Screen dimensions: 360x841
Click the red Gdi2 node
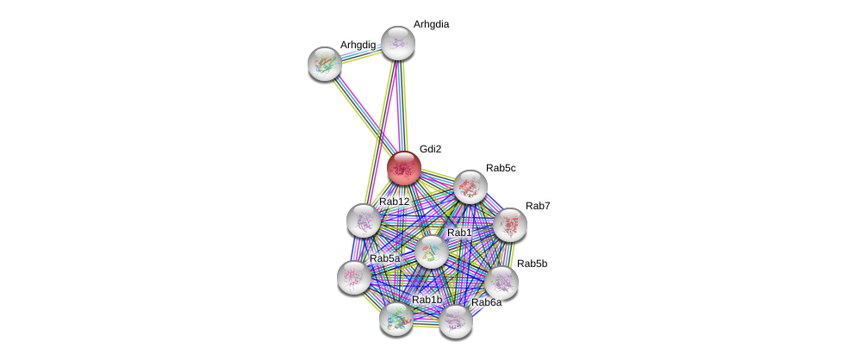point(403,168)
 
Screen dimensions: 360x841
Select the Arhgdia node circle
point(398,43)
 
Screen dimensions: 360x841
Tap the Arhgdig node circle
point(326,63)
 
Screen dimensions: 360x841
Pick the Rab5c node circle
point(470,187)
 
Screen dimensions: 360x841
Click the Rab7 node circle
point(509,225)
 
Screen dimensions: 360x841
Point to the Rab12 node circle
point(364,220)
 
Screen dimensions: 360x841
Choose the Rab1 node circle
point(431,251)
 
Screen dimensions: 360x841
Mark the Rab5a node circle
point(354,277)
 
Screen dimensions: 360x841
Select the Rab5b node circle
point(501,282)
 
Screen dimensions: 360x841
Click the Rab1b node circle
point(396,319)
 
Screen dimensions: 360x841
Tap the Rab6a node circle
point(456,321)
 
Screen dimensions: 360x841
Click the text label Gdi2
point(430,149)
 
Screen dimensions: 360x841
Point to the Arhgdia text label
point(431,24)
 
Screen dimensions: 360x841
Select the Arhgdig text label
point(358,45)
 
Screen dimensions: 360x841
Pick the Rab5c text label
point(501,168)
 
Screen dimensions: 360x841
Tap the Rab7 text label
point(538,206)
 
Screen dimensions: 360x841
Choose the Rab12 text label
point(395,202)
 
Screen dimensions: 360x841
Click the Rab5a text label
point(384,258)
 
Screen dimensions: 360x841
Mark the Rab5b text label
point(532,264)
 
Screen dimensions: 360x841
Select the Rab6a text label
point(486,302)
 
